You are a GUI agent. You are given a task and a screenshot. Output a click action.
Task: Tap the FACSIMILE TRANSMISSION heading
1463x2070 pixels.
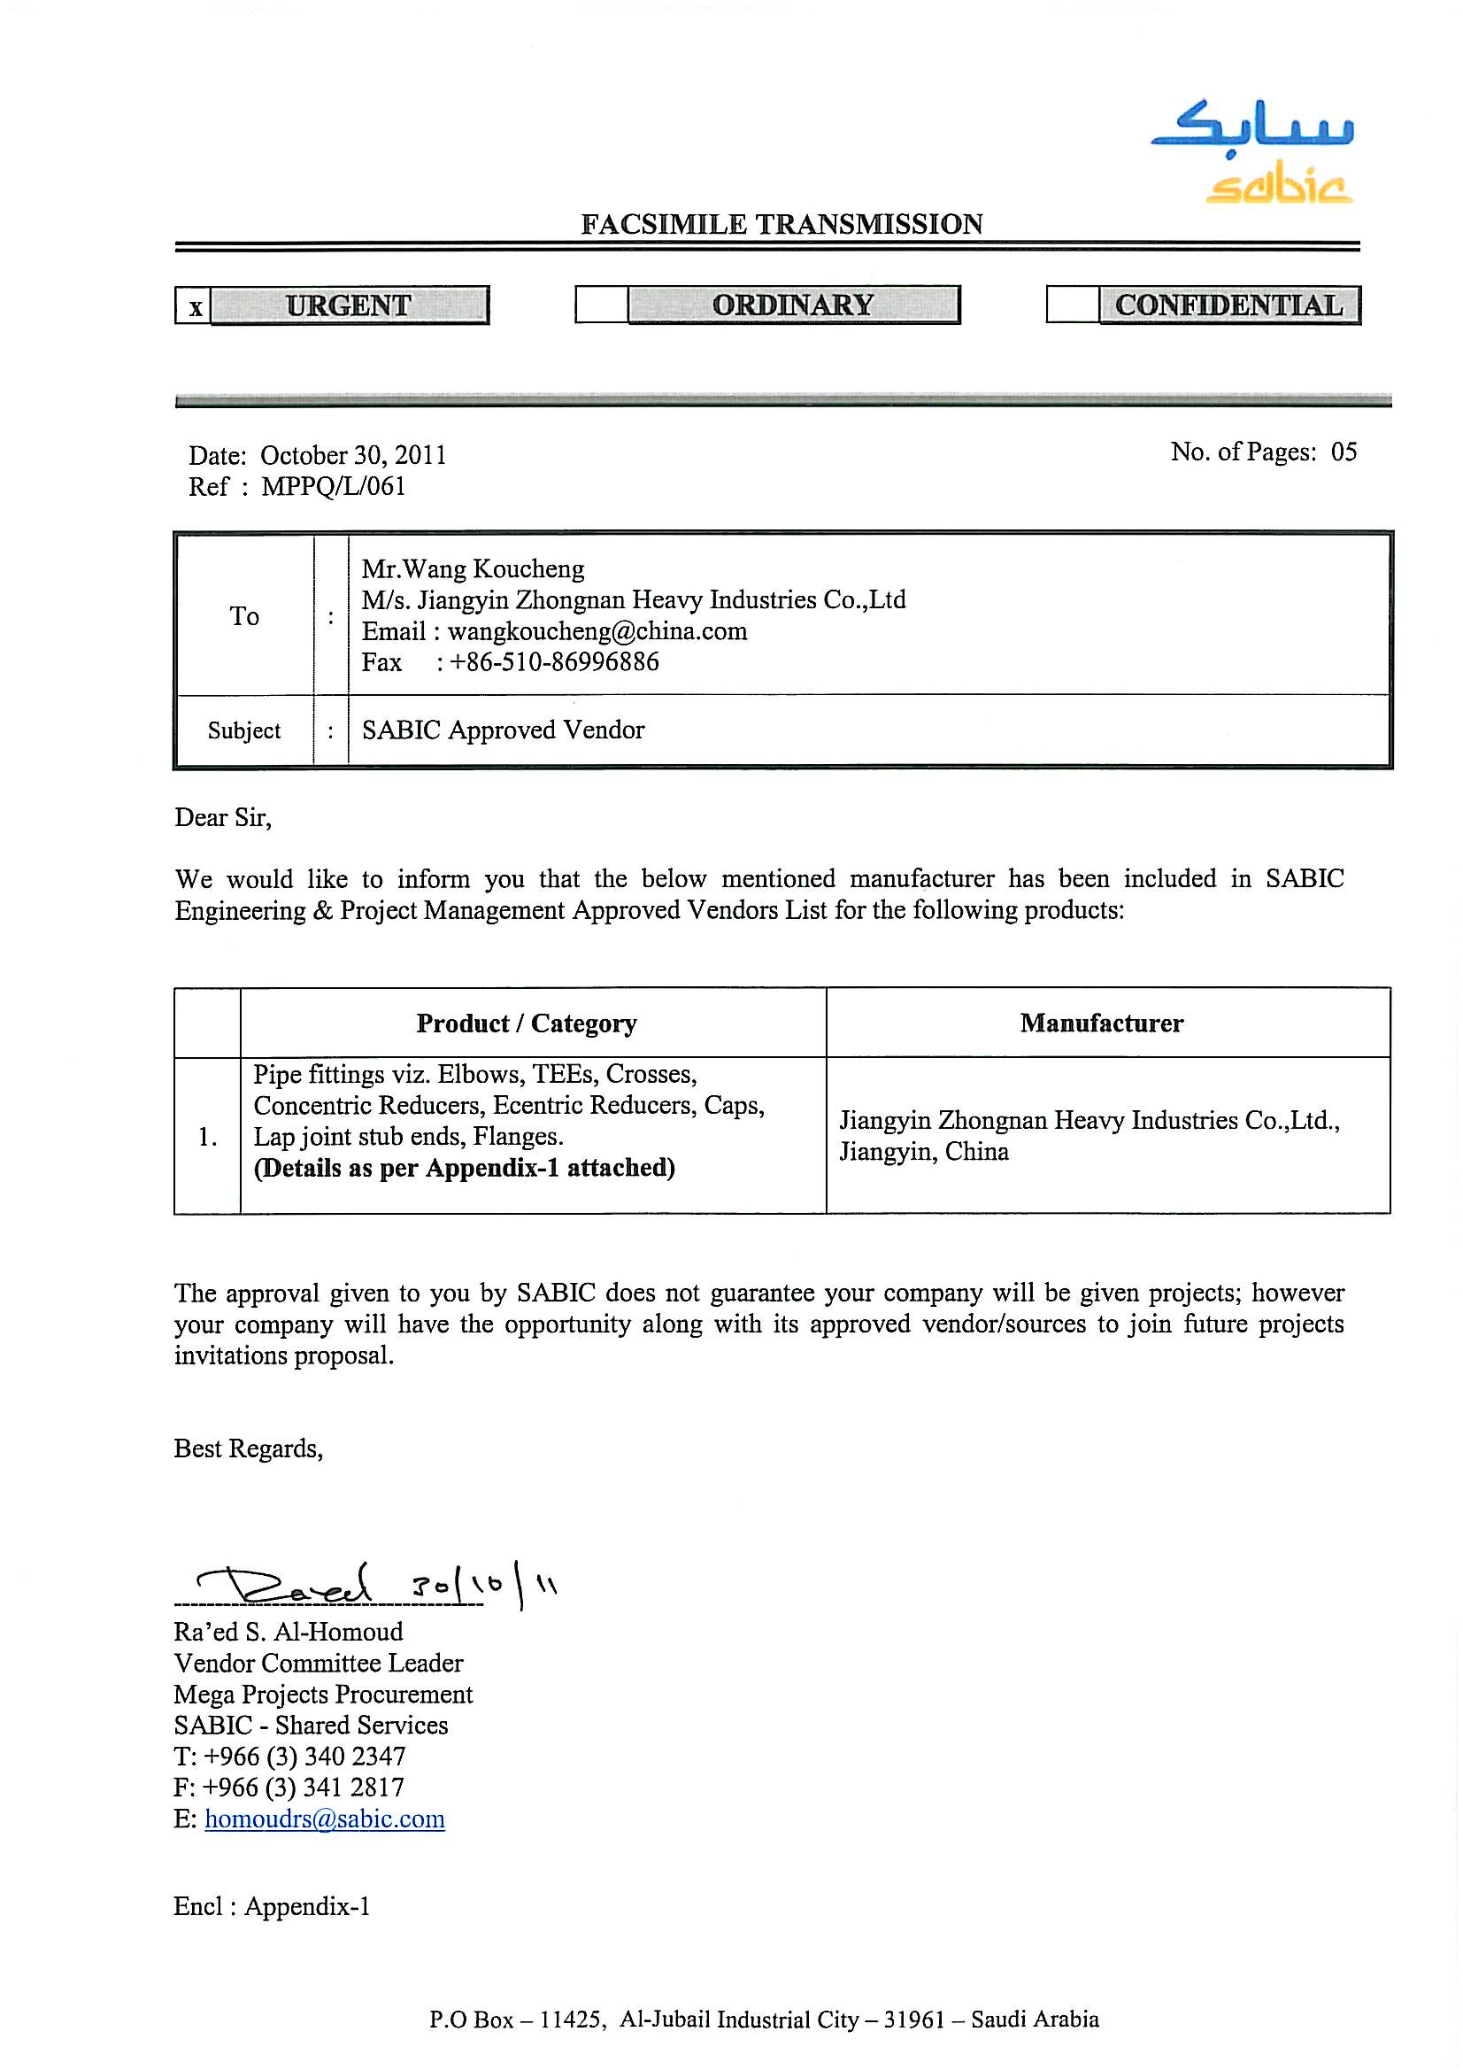[782, 225]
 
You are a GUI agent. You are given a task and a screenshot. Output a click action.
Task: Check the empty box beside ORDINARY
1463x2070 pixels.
[601, 305]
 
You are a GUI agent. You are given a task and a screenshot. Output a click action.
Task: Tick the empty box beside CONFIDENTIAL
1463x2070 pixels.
[1072, 305]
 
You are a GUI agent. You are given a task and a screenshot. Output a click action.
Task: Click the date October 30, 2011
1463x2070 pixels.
[353, 455]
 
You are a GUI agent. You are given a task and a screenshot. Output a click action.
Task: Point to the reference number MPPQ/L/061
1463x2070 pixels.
[334, 487]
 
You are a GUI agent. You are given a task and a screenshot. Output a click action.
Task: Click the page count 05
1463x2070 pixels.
[1344, 452]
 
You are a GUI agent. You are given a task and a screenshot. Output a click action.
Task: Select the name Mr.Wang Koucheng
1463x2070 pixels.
[473, 569]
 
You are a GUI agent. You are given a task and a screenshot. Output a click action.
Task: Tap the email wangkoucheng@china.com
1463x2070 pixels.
[597, 631]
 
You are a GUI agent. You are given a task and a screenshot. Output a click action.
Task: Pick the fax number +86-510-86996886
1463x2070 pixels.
[554, 662]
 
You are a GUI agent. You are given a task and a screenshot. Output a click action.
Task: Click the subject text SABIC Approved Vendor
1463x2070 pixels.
[503, 730]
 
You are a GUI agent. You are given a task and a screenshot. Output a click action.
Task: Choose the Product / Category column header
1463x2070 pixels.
[527, 1023]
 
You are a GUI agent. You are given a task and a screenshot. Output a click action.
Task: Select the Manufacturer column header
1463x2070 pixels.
[1102, 1023]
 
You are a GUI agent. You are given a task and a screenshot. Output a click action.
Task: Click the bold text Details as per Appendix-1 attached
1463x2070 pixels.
[465, 1169]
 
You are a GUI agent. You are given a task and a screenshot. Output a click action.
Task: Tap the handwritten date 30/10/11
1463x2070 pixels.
[482, 1587]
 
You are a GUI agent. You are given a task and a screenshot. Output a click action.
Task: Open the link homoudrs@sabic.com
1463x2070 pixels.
[325, 1819]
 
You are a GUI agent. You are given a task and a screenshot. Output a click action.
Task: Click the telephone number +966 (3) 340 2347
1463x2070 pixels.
[304, 1757]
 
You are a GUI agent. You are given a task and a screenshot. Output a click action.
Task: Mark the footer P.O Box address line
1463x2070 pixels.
[764, 2020]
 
